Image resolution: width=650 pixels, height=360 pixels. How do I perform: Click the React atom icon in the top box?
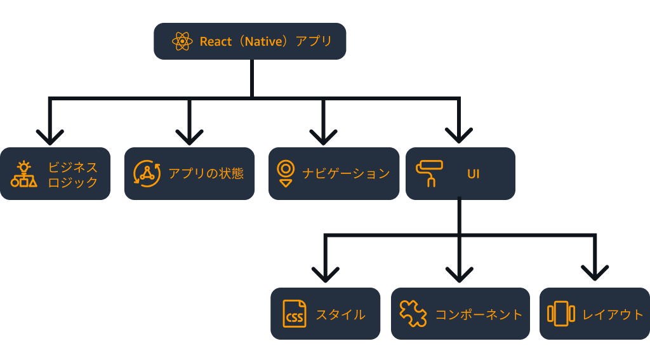(182, 41)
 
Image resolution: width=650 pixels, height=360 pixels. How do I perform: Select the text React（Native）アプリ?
(265, 41)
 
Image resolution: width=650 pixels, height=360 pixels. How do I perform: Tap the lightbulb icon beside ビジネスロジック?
(23, 174)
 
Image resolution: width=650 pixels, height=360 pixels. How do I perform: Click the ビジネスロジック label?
(73, 175)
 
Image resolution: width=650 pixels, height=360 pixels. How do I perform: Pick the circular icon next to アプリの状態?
(147, 173)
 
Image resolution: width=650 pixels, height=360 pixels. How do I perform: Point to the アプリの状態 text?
(206, 173)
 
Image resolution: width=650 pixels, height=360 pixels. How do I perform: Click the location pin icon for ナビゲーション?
(286, 173)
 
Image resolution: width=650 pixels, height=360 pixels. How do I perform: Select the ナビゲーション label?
(345, 173)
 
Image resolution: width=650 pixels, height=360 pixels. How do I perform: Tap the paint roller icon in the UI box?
(429, 173)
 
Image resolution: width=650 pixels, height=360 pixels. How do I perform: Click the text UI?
(473, 173)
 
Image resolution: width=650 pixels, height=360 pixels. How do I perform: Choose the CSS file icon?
(294, 314)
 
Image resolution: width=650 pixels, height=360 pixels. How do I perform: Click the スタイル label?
(340, 314)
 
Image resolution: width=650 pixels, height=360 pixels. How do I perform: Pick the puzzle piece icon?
(413, 314)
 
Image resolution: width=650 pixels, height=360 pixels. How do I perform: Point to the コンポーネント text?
(479, 314)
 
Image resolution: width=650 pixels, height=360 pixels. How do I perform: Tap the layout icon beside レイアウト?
(560, 314)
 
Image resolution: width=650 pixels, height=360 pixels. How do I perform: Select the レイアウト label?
(613, 314)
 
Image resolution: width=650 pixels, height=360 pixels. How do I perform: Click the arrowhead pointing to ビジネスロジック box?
(50, 137)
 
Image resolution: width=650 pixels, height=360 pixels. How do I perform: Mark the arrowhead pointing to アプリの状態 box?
(189, 137)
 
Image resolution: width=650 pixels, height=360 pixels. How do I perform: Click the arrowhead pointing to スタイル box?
(326, 274)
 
